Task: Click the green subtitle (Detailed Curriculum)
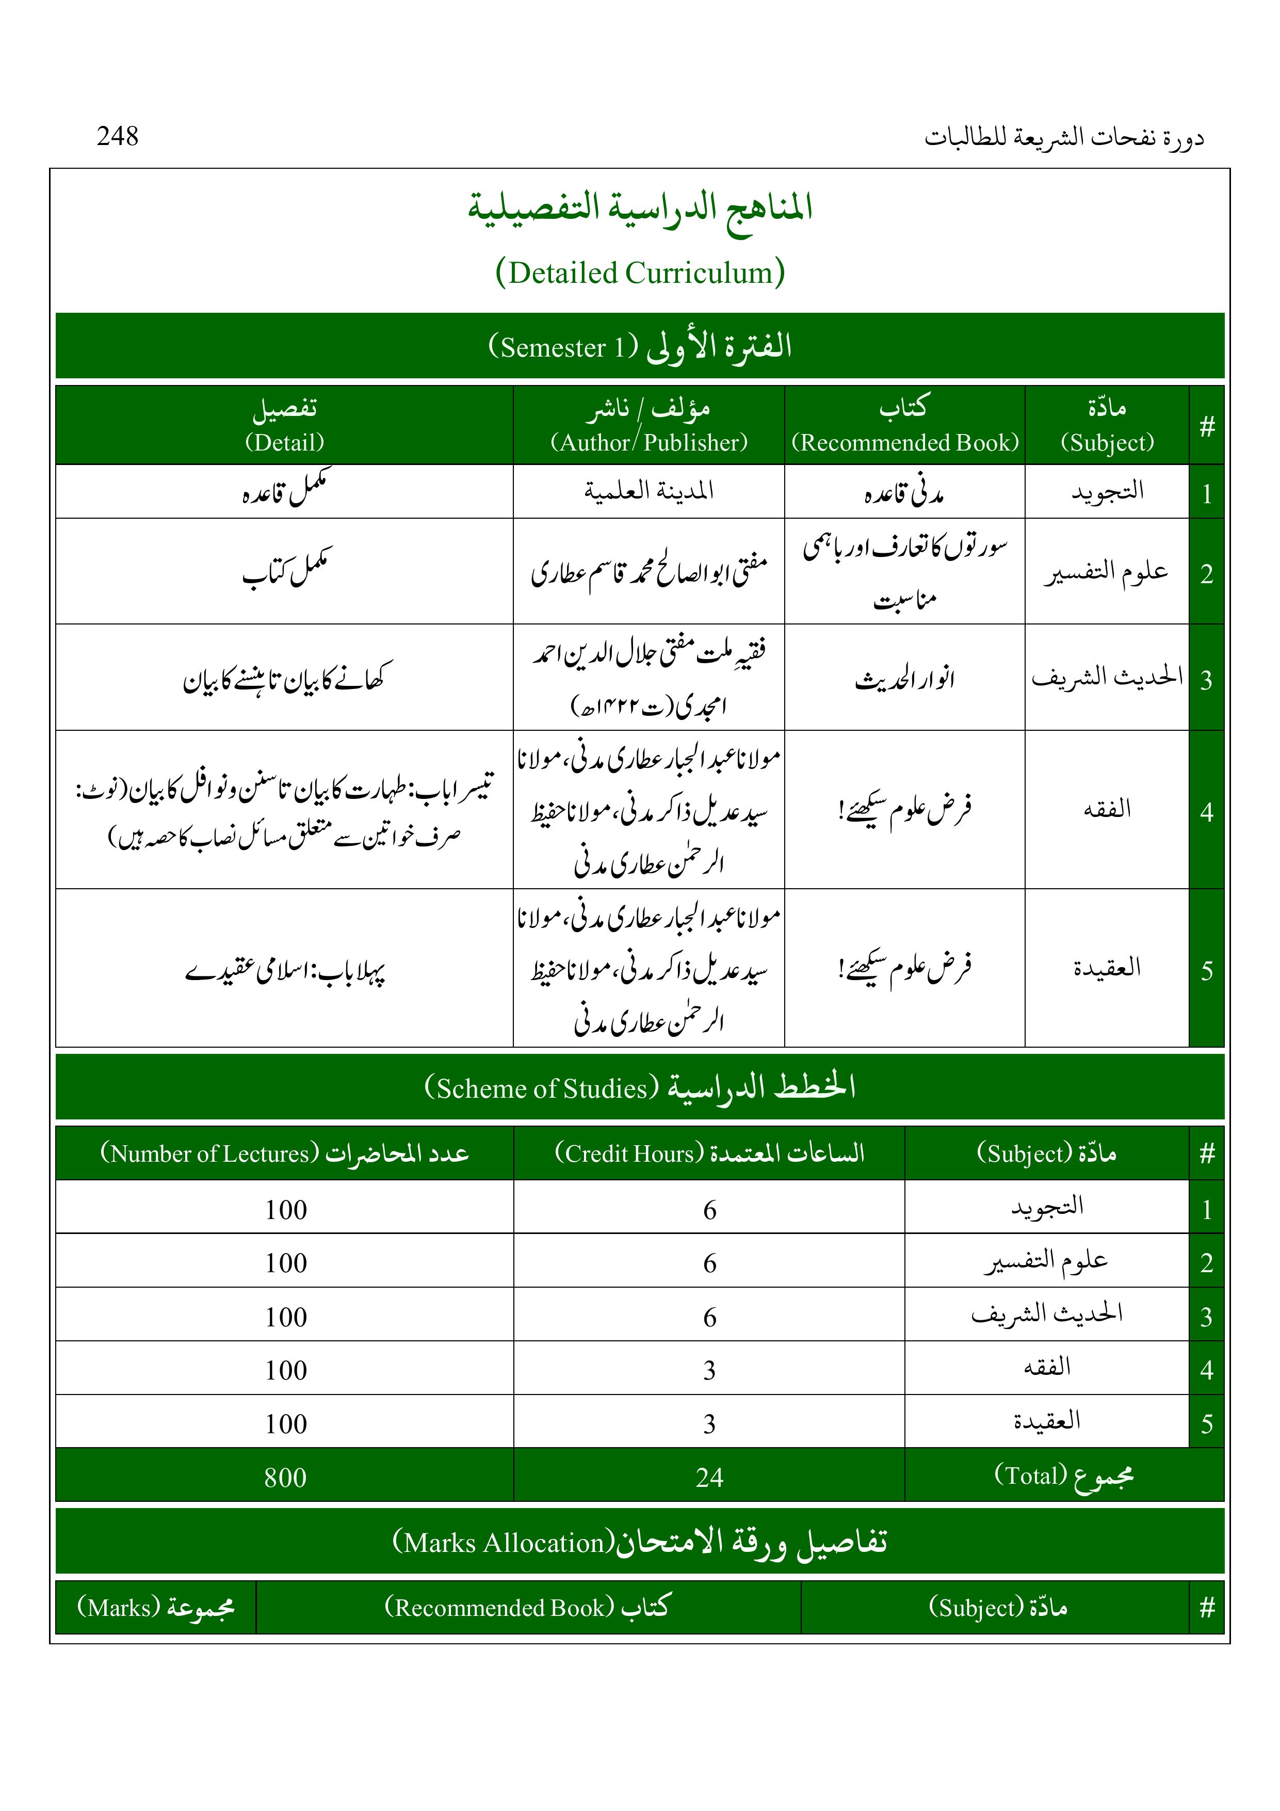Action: [640, 273]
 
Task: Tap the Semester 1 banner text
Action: [640, 346]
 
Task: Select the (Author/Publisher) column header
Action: [649, 442]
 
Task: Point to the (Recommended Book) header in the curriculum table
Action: [904, 442]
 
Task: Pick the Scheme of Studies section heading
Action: [640, 1088]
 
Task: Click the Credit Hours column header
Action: [709, 1153]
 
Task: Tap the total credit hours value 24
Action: [709, 1478]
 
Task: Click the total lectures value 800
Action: [285, 1478]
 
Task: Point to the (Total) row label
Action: [1063, 1476]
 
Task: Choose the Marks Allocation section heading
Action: [640, 1542]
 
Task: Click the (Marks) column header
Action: [155, 1607]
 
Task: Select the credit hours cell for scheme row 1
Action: [709, 1210]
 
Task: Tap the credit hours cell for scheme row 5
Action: [709, 1424]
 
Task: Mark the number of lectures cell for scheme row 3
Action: [285, 1317]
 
